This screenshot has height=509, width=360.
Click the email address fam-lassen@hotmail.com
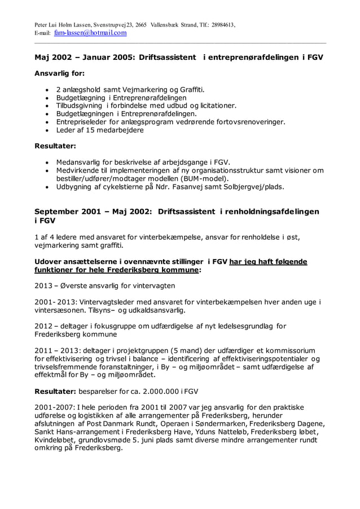pos(90,33)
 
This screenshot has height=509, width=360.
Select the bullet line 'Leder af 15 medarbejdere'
pos(100,130)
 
